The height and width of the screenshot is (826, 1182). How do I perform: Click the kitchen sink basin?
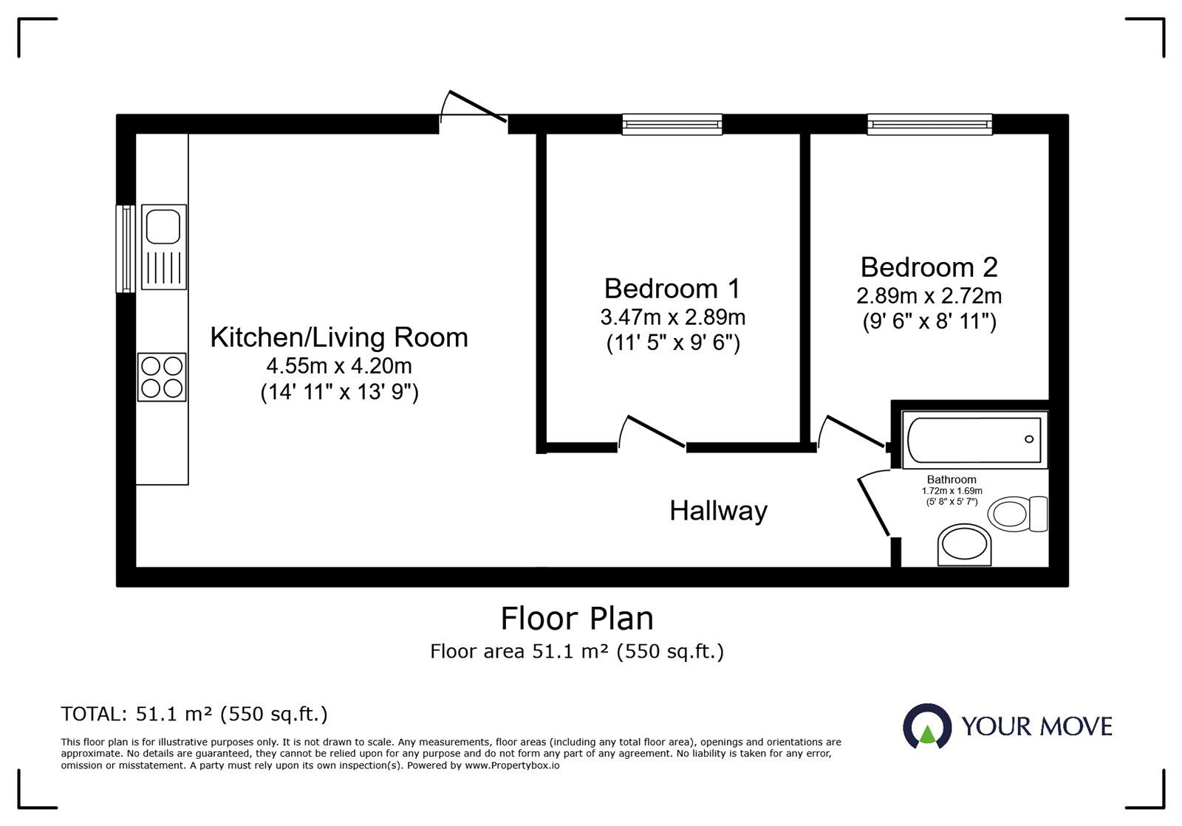[x=163, y=227]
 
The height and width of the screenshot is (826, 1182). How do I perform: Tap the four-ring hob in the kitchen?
[x=162, y=377]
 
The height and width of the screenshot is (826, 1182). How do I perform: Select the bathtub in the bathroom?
[x=974, y=440]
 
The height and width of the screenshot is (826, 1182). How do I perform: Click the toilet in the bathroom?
[x=1017, y=514]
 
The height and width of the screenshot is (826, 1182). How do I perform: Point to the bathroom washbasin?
[x=964, y=545]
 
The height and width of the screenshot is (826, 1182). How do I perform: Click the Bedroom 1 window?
[x=672, y=125]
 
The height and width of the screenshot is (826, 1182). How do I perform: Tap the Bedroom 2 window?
[x=930, y=125]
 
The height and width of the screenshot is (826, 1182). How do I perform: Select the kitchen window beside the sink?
[x=126, y=248]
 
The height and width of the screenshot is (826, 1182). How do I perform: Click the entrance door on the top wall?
[x=474, y=107]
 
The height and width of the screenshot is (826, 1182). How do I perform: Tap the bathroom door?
[x=875, y=503]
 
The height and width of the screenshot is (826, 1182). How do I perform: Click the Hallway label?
[x=718, y=511]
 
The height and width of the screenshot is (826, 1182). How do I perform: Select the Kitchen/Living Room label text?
[x=339, y=337]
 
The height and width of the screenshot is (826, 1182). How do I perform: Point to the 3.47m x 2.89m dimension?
[x=673, y=317]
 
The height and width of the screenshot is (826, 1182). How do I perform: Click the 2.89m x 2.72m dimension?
[x=929, y=296]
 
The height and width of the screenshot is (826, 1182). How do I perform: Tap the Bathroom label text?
[x=952, y=480]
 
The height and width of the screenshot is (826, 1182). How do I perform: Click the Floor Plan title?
[x=577, y=619]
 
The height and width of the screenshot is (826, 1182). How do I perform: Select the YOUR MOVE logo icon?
[x=927, y=726]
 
